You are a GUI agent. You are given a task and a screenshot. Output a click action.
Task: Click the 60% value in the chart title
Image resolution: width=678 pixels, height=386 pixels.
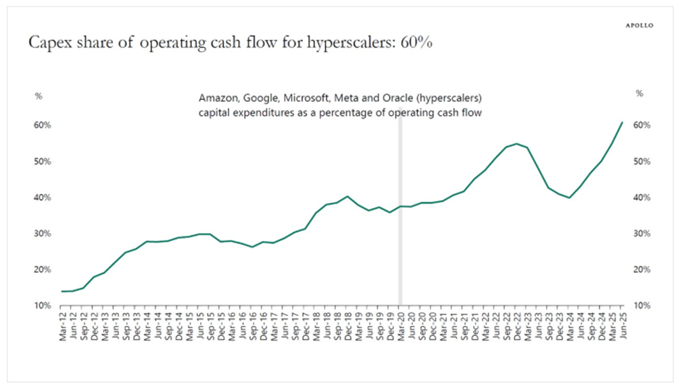click(415, 43)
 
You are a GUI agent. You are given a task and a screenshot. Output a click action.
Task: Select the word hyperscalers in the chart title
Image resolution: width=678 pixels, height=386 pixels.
click(346, 43)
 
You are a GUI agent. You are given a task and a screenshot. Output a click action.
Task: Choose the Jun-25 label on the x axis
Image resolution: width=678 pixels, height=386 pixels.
click(622, 324)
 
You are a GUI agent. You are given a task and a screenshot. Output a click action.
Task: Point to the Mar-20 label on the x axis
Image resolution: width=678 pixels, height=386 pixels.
click(400, 324)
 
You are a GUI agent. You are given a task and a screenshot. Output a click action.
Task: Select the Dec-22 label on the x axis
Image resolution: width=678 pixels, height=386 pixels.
click(516, 324)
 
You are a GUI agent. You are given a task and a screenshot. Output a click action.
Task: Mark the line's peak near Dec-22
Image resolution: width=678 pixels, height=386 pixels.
click(516, 143)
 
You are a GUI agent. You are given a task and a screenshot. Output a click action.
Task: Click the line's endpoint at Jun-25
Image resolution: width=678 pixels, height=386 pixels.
click(622, 122)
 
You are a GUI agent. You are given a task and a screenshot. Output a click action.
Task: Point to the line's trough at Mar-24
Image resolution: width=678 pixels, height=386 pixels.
click(569, 198)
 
